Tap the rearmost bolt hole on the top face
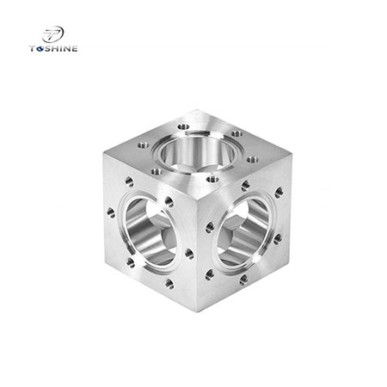tap(183, 126)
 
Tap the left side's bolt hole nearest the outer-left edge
tap(111, 211)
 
